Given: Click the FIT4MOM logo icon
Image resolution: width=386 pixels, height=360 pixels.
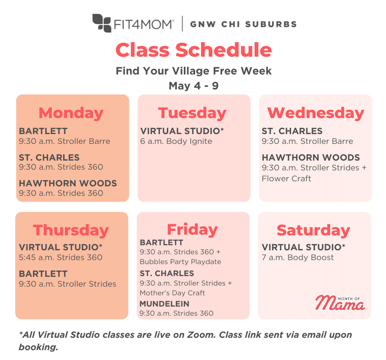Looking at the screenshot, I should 102,23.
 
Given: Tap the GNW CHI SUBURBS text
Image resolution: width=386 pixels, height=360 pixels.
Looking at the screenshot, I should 243,24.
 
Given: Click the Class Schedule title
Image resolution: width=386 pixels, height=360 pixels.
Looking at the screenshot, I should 193,50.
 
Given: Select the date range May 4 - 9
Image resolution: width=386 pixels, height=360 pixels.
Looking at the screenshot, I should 193,86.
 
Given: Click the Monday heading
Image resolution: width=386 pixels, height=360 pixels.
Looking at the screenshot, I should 71,113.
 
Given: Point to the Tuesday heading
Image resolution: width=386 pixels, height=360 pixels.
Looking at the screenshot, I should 192,113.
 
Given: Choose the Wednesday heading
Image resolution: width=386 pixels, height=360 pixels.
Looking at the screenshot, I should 316,113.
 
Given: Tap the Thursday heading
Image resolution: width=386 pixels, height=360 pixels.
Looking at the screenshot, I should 71,230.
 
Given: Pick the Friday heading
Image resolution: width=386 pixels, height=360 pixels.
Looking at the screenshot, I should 192,229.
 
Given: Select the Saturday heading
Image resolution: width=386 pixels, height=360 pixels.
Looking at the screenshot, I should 313,230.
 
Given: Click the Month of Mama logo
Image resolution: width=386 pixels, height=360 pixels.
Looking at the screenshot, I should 340,302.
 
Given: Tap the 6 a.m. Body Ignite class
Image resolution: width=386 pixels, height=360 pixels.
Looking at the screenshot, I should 176,141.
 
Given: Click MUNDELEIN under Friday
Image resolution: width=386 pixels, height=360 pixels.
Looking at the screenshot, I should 164,304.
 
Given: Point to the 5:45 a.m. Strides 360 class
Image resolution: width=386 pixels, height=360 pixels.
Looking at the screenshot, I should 61,258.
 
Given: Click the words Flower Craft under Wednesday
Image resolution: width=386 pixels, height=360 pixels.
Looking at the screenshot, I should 286,179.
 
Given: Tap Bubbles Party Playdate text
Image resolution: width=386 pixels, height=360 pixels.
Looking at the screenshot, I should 181,262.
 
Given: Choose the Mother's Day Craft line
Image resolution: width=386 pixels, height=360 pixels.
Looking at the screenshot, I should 172,293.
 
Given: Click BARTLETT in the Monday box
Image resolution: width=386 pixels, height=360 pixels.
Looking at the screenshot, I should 38,131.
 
